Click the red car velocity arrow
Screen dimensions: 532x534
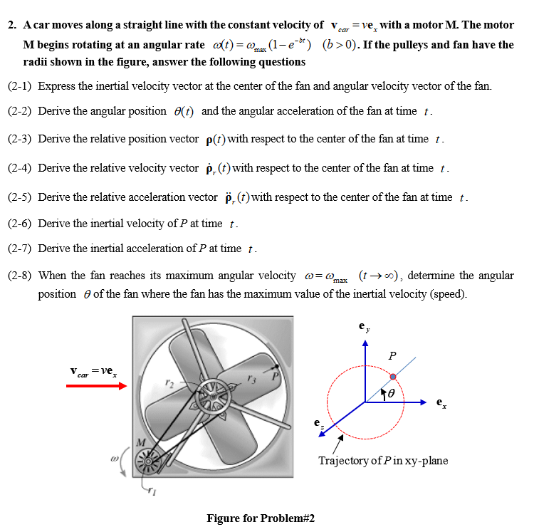coord(96,386)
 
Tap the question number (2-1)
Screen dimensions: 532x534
coord(20,86)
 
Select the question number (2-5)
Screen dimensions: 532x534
coord(20,197)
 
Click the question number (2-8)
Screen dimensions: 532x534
coord(20,276)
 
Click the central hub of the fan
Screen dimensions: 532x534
coord(212,392)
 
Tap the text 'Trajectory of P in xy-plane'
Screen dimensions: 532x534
coord(383,461)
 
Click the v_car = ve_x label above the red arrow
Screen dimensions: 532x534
coord(95,371)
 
